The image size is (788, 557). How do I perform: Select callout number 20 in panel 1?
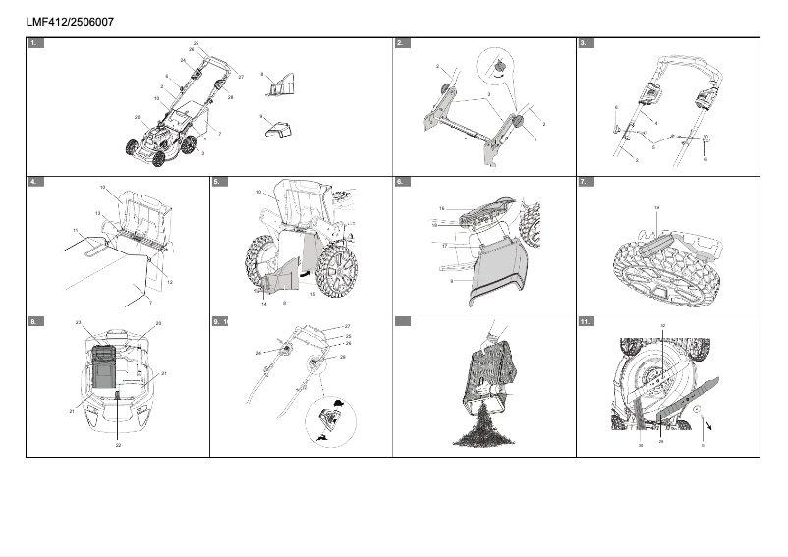point(137,117)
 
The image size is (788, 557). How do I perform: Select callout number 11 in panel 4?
point(75,230)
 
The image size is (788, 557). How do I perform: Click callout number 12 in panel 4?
point(170,282)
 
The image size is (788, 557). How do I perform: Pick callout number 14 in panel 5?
point(263,304)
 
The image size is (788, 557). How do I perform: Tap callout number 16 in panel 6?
point(442,208)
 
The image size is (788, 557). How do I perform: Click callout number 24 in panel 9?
point(259,352)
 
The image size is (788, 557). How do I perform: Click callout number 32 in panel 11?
point(662,325)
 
